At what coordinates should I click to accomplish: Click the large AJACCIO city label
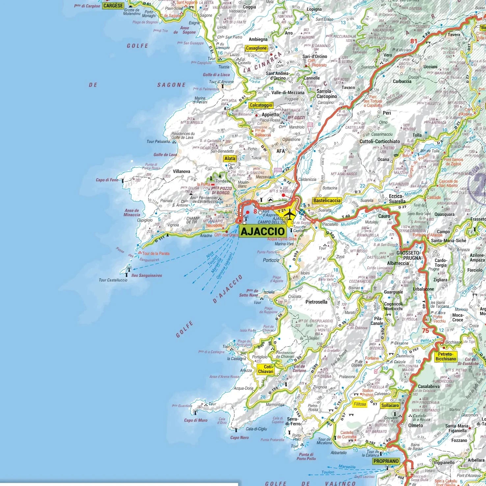click(x=262, y=231)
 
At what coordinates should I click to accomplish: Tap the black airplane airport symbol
click(x=290, y=214)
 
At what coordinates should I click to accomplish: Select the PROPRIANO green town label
click(x=386, y=461)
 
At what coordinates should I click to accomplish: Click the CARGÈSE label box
click(x=113, y=6)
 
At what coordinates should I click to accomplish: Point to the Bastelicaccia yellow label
click(x=327, y=201)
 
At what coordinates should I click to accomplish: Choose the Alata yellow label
click(x=230, y=158)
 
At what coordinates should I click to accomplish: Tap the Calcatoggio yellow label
click(x=261, y=105)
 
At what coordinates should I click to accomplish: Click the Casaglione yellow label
click(x=256, y=48)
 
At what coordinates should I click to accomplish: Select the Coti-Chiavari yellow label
click(x=266, y=369)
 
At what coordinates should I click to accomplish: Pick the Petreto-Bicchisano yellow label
click(x=446, y=357)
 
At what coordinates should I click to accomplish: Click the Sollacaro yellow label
click(x=390, y=405)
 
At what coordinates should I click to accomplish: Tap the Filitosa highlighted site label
click(x=360, y=404)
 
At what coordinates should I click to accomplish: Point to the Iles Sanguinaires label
click(x=147, y=276)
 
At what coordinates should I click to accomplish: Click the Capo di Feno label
click(x=107, y=180)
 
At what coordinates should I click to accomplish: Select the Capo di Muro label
click(x=196, y=420)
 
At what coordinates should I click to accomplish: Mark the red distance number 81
click(x=414, y=41)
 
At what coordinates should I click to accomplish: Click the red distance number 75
click(x=425, y=331)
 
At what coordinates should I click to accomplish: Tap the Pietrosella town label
click(x=316, y=302)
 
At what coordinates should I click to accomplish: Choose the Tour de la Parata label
click(x=156, y=254)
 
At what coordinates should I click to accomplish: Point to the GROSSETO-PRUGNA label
click(x=408, y=256)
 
